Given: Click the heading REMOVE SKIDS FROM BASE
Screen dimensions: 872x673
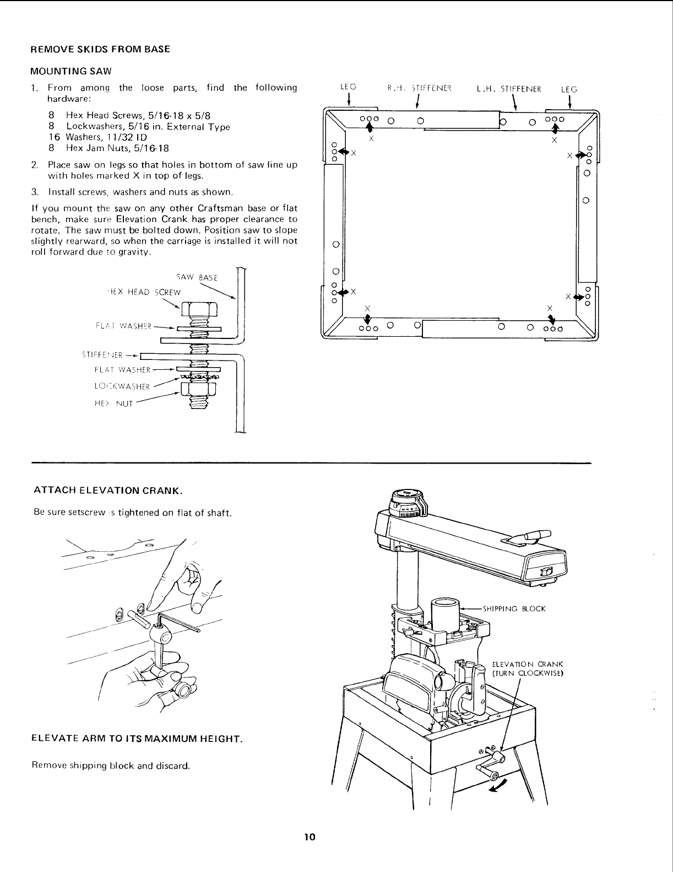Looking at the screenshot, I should tap(100, 49).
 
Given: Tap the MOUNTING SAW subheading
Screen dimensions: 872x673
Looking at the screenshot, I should tap(71, 71).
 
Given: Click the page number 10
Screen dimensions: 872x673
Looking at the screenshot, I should tap(309, 837).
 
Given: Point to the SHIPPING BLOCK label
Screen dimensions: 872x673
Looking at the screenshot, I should tap(514, 609).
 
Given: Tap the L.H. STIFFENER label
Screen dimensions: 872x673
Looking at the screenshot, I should tap(509, 88).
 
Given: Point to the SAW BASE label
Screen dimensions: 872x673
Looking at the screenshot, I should tap(202, 277).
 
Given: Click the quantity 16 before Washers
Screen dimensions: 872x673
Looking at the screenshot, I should tap(53, 137).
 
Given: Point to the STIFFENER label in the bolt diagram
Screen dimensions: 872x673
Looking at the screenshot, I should tap(102, 354).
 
